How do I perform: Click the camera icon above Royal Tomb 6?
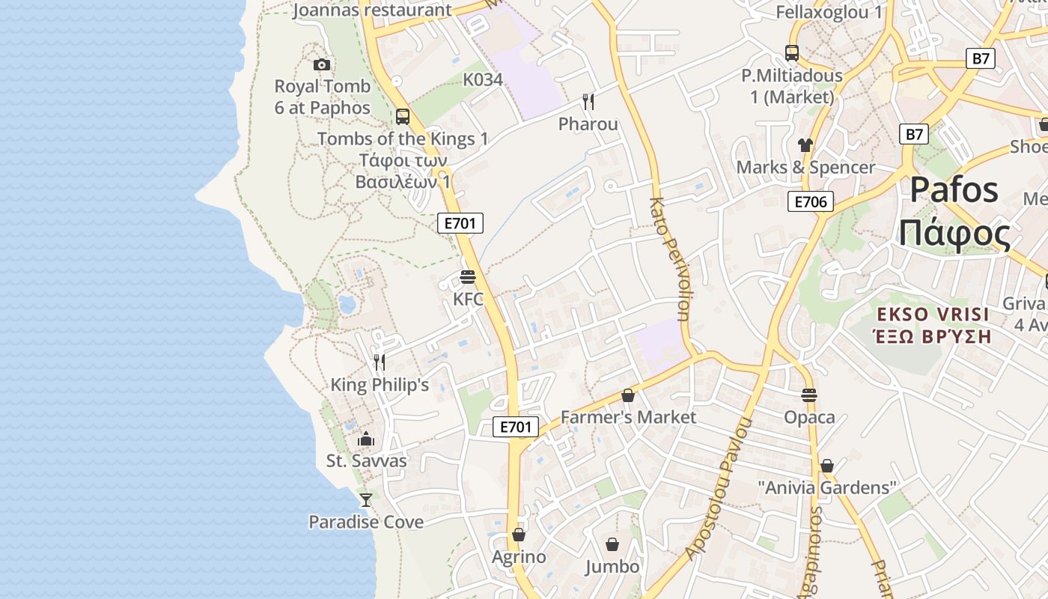pyautogui.click(x=322, y=65)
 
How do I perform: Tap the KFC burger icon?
pyautogui.click(x=468, y=278)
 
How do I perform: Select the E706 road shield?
pyautogui.click(x=810, y=201)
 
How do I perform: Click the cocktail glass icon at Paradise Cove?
pyautogui.click(x=366, y=499)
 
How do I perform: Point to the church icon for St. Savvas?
pyautogui.click(x=366, y=439)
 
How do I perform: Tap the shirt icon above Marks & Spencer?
pyautogui.click(x=805, y=145)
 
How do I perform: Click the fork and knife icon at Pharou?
pyautogui.click(x=588, y=102)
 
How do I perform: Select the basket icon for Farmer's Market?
pyautogui.click(x=628, y=395)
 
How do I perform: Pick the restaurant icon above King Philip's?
pyautogui.click(x=380, y=362)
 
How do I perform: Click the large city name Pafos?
pyautogui.click(x=954, y=190)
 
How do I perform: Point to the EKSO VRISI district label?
pyautogui.click(x=933, y=314)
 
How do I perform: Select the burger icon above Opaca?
pyautogui.click(x=809, y=395)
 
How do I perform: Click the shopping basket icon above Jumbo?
pyautogui.click(x=612, y=544)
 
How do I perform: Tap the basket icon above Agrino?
pyautogui.click(x=518, y=535)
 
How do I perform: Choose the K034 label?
pyautogui.click(x=483, y=79)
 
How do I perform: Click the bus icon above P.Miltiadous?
pyautogui.click(x=792, y=53)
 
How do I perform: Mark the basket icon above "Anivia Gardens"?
pyautogui.click(x=827, y=466)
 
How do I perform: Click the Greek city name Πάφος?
pyautogui.click(x=955, y=234)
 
